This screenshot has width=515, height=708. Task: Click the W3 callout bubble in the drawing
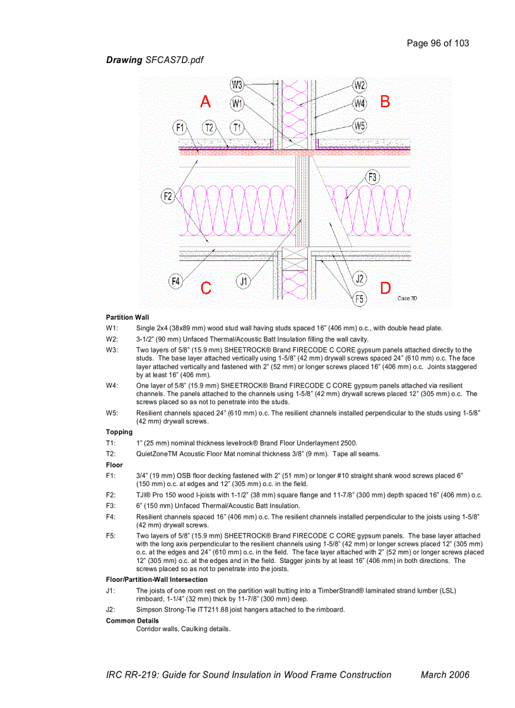click(237, 84)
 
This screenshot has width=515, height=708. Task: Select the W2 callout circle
click(360, 85)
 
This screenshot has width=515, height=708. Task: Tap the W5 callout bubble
click(360, 126)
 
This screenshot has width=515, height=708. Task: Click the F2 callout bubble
click(168, 197)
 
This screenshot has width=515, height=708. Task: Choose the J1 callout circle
click(244, 281)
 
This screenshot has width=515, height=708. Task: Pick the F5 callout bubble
click(360, 299)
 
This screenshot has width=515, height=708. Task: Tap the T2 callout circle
click(210, 127)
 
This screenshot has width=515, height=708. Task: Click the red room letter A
click(206, 102)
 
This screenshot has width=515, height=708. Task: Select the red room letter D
click(385, 288)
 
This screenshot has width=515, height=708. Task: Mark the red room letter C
click(206, 288)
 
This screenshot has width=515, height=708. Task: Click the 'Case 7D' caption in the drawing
click(408, 298)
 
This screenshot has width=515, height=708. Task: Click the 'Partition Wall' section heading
click(127, 317)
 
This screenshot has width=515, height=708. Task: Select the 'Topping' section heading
click(119, 432)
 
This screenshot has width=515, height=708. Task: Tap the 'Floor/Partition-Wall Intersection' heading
click(157, 579)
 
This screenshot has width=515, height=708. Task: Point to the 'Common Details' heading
click(133, 620)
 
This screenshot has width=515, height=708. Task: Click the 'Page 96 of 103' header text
click(438, 44)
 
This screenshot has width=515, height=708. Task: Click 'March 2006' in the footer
click(445, 675)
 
